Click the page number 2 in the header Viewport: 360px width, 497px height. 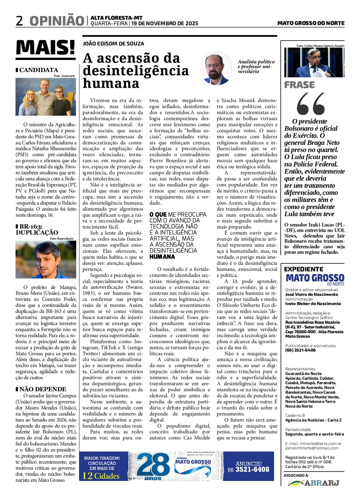[19, 21]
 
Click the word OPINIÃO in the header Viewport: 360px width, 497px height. [57, 21]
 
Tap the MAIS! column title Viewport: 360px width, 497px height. [45, 47]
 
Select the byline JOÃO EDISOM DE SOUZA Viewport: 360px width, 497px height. [113, 44]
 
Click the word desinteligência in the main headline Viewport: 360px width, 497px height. [135, 71]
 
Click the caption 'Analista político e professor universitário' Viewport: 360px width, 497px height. [256, 66]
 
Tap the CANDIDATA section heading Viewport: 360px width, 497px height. [38, 70]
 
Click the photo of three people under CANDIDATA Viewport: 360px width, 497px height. [45, 97]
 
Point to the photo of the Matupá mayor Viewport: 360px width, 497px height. [45, 260]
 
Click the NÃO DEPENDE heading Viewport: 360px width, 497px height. [43, 389]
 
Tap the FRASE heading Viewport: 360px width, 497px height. [299, 85]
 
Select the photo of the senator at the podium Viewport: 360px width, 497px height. [314, 63]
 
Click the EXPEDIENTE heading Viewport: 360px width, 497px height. [303, 269]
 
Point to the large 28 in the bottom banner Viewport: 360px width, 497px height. [153, 465]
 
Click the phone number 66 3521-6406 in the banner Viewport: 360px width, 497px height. [248, 469]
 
